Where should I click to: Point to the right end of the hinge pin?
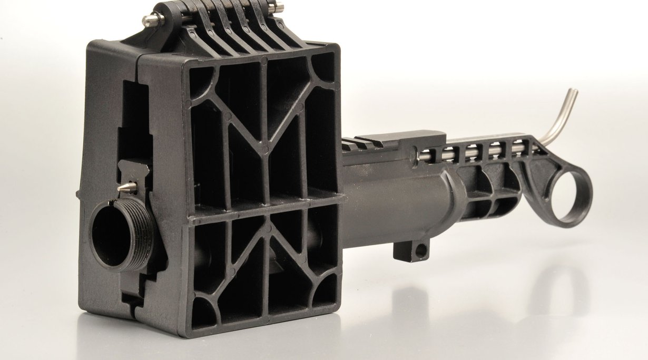coord(278,8)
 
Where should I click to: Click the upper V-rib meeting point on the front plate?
coord(265,150)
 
